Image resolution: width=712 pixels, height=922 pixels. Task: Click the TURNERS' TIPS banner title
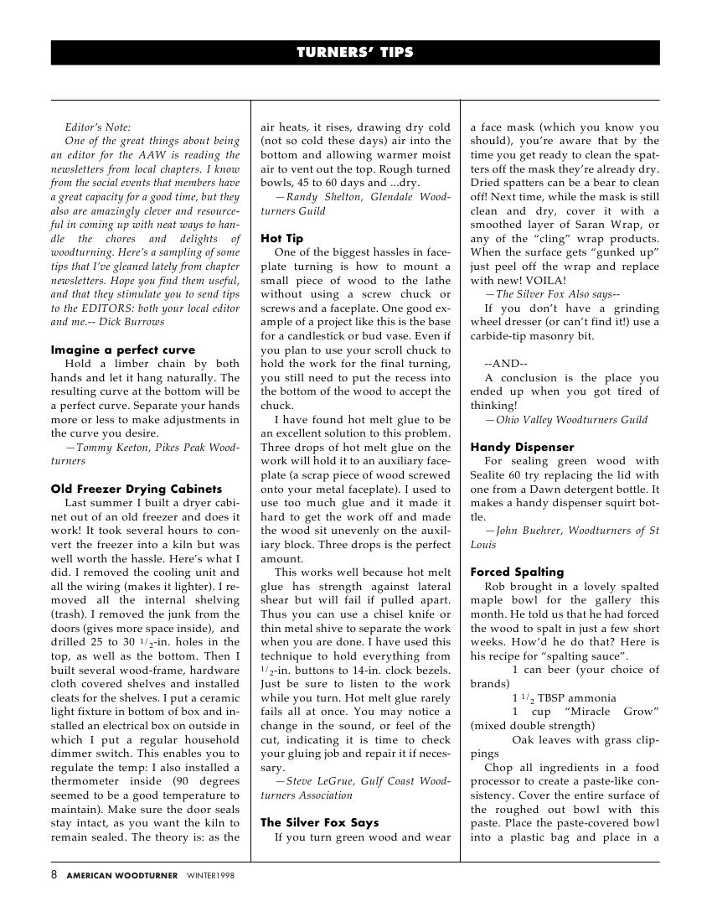pos(355,53)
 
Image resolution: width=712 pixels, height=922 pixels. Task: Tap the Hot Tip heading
pos(282,238)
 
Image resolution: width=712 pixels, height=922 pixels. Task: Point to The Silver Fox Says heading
pos(320,822)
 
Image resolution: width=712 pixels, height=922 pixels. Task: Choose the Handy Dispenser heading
pos(523,447)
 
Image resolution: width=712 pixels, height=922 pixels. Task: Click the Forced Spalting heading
pos(517,572)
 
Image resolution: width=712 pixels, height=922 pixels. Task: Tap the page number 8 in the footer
pos(54,875)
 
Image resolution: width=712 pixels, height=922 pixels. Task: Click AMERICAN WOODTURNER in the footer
pos(122,876)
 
